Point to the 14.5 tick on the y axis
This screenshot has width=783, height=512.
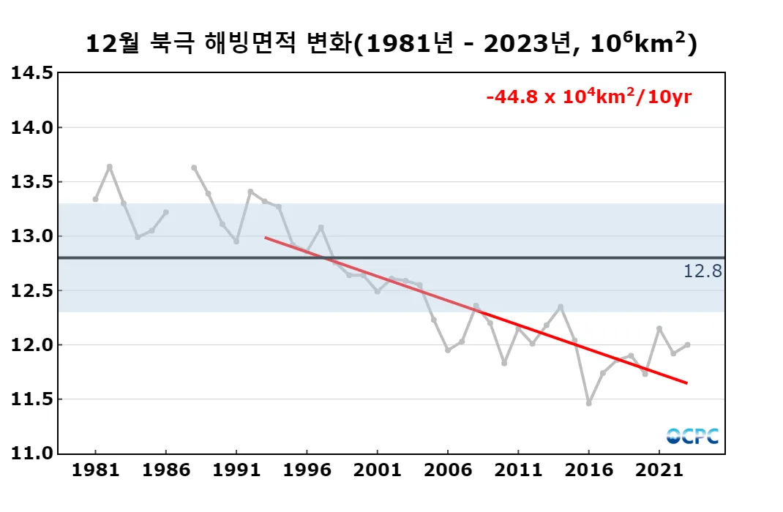(31, 73)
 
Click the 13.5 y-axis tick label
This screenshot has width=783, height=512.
(31, 182)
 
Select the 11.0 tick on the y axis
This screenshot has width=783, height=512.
(31, 453)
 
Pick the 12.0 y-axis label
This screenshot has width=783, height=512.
(31, 345)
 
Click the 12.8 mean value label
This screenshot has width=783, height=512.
(703, 272)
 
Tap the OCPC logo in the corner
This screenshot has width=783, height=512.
(692, 436)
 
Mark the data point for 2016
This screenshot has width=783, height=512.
(588, 403)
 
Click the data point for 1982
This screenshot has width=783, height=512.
(109, 167)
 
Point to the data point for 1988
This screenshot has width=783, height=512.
(194, 167)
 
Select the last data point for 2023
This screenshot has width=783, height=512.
(687, 345)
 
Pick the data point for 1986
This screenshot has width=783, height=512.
(165, 212)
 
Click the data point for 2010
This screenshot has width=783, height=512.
(504, 363)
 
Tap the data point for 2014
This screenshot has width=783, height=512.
(561, 306)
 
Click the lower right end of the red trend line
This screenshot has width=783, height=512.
(686, 383)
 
